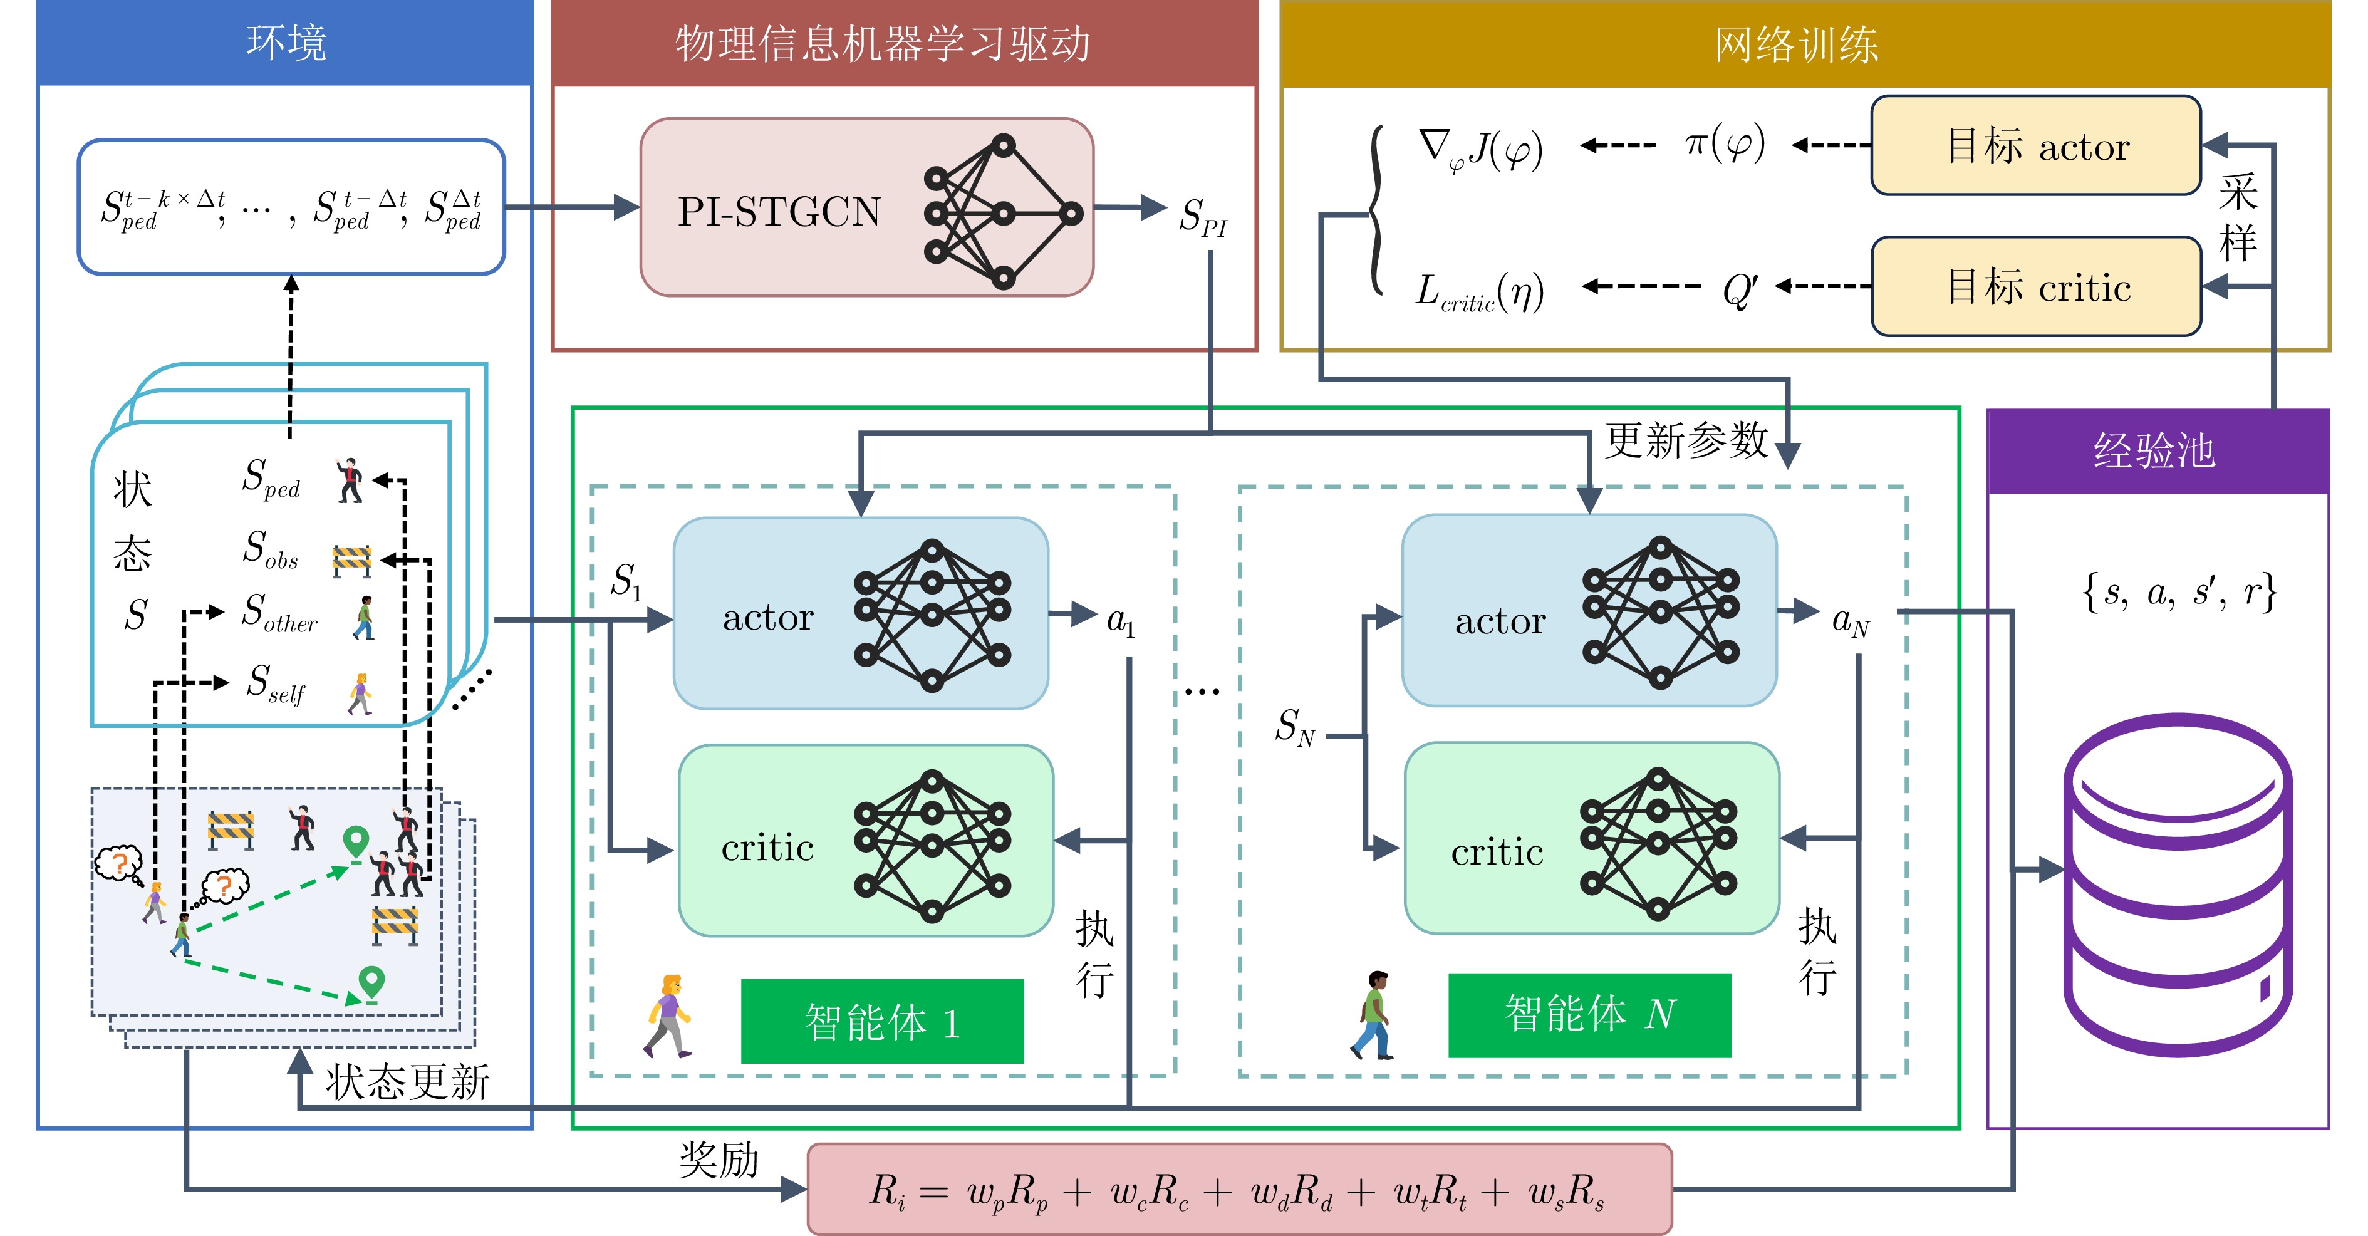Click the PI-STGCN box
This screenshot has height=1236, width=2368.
[x=866, y=208]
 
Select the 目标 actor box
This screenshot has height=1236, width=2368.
[x=2035, y=146]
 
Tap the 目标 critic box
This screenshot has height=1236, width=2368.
[x=2035, y=287]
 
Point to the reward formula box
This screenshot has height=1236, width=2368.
[x=1239, y=1190]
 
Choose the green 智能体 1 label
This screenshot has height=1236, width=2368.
[x=881, y=1022]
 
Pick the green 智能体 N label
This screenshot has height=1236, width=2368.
[x=1589, y=1014]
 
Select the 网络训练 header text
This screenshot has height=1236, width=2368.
[x=1795, y=44]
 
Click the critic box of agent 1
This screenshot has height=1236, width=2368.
[x=865, y=841]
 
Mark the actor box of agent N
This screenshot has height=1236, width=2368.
[x=1589, y=611]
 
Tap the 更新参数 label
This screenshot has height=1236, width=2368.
[x=1686, y=440]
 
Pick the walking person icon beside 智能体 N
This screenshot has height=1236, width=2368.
[x=1373, y=1015]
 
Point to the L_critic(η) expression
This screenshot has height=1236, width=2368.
[x=1478, y=292]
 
